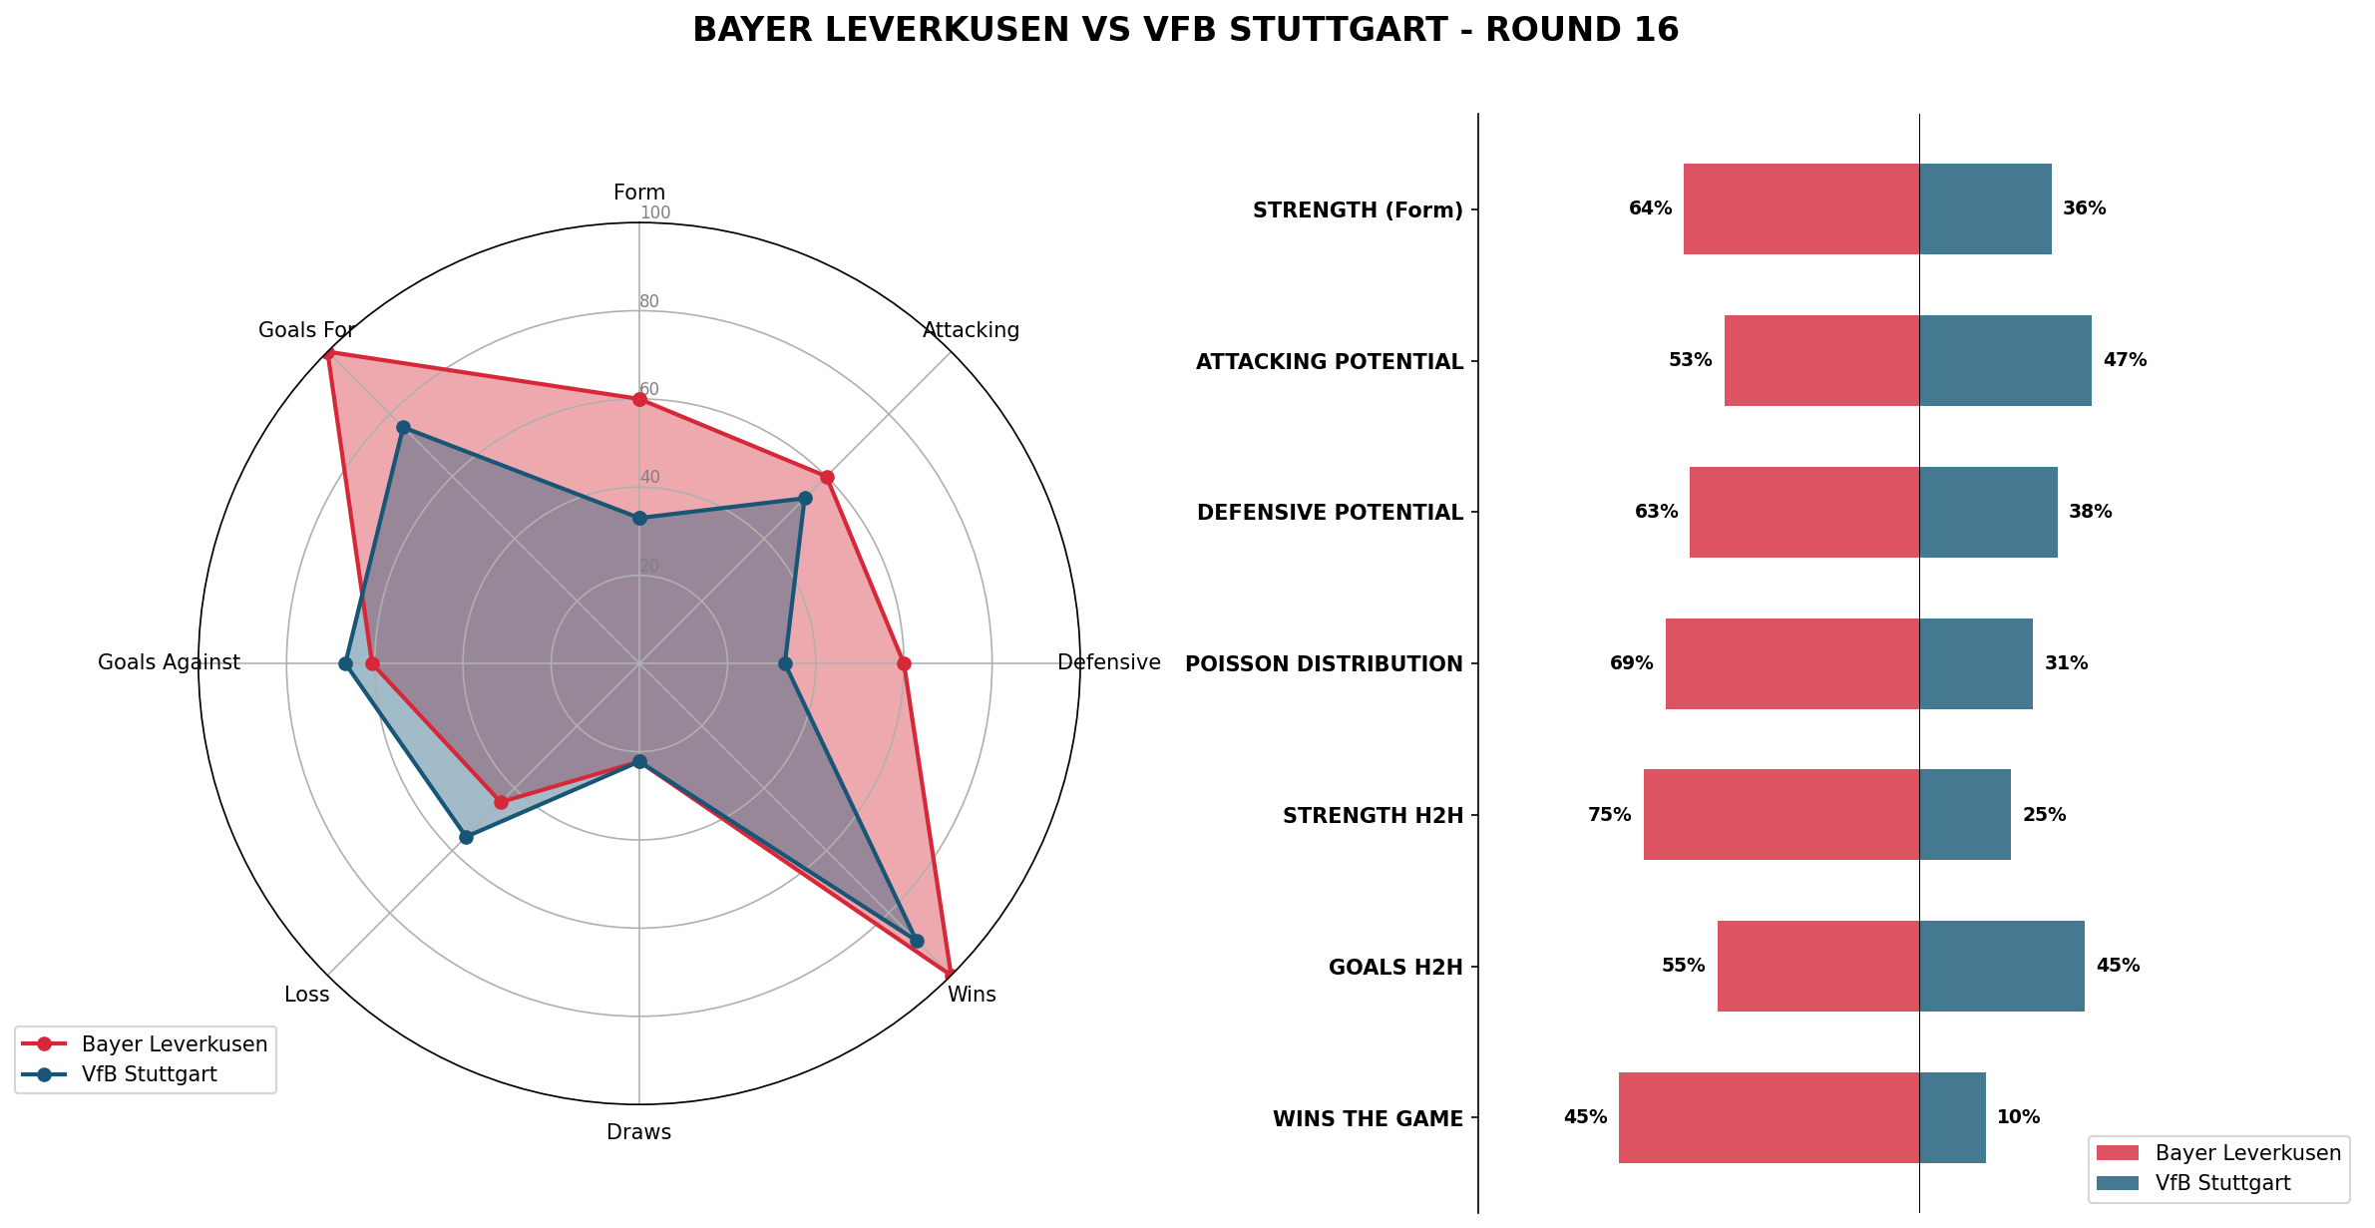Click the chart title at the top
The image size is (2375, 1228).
pos(1185,30)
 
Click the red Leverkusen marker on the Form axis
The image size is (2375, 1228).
pos(639,399)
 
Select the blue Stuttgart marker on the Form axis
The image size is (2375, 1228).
pos(639,518)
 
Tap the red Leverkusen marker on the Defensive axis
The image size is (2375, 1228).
pos(904,663)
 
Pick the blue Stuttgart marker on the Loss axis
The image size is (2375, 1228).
pos(466,837)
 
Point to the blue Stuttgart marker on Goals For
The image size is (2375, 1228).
pos(403,428)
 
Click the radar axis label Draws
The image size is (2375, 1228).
pos(638,1132)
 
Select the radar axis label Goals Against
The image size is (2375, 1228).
pos(169,662)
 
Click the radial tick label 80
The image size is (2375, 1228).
pos(649,301)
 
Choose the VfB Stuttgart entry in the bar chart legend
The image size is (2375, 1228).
pos(2222,1183)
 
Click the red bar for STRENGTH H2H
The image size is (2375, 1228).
pos(1781,814)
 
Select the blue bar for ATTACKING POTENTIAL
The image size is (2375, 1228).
pos(2005,360)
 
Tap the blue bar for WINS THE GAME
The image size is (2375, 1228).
pos(1952,1117)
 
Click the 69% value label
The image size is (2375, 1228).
pos(1631,663)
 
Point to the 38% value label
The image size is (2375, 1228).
pos(2090,512)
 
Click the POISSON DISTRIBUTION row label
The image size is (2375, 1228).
pos(1323,664)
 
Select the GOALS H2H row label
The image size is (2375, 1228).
pos(1394,967)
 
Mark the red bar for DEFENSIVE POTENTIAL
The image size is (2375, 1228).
pos(1803,512)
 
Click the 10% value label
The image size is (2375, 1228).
pos(2018,1117)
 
